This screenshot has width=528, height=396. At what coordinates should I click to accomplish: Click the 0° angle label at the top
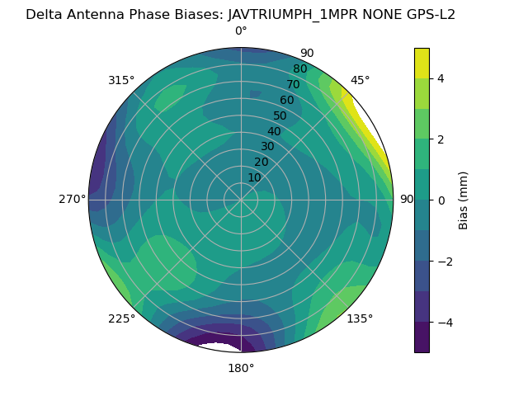pyautogui.click(x=241, y=31)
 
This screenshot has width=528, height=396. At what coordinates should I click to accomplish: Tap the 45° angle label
pyautogui.click(x=361, y=80)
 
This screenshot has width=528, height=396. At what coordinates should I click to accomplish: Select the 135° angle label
pyautogui.click(x=360, y=318)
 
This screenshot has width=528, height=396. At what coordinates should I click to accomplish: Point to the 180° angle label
pyautogui.click(x=241, y=368)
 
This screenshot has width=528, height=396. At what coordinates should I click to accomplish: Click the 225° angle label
pyautogui.click(x=121, y=319)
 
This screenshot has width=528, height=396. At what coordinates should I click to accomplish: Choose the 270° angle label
pyautogui.click(x=72, y=200)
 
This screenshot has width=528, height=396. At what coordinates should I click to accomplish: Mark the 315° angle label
pyautogui.click(x=121, y=80)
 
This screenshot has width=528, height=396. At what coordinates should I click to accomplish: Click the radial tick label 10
pyautogui.click(x=255, y=177)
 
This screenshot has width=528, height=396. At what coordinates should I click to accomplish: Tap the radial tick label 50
pyautogui.click(x=280, y=115)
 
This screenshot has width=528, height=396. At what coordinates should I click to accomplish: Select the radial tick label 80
pyautogui.click(x=299, y=69)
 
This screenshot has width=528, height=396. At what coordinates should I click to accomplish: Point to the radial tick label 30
pyautogui.click(x=267, y=147)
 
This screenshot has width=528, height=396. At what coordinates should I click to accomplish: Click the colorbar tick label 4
pyautogui.click(x=441, y=78)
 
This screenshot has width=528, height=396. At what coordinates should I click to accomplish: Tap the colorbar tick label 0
pyautogui.click(x=441, y=200)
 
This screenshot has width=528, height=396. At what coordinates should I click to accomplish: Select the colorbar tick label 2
pyautogui.click(x=441, y=139)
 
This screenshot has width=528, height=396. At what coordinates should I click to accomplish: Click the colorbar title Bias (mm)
pyautogui.click(x=464, y=200)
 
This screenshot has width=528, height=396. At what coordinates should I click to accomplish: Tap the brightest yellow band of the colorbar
pyautogui.click(x=422, y=63)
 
